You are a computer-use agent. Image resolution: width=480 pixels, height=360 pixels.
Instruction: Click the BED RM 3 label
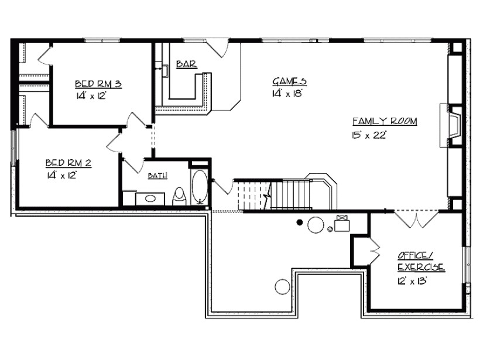(x=98, y=84)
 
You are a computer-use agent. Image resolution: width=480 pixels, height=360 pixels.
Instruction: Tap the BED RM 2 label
(x=68, y=163)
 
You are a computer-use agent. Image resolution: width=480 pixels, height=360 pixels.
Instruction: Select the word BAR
(x=186, y=64)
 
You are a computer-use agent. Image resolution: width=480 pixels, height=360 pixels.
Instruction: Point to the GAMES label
(x=289, y=81)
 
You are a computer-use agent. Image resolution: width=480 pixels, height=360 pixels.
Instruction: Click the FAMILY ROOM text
(x=384, y=121)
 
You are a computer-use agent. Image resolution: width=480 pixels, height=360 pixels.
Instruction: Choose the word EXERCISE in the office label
(x=421, y=268)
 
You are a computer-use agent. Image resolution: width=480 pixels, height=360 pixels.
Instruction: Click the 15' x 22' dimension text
(x=366, y=135)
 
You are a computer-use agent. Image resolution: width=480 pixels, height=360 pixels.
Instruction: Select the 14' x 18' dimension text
(x=287, y=94)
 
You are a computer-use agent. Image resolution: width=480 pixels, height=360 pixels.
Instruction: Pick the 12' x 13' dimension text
(x=411, y=281)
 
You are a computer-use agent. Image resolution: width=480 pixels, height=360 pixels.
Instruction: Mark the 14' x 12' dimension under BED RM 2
(x=61, y=174)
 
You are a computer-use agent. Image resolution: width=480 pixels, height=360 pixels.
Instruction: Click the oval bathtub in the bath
(x=199, y=187)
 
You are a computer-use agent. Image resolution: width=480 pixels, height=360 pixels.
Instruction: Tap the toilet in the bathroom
(x=180, y=195)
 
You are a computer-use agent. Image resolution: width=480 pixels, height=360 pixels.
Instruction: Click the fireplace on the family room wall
(x=453, y=125)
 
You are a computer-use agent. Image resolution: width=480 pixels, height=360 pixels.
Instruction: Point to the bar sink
(x=166, y=71)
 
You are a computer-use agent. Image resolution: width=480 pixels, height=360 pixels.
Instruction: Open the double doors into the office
(x=415, y=219)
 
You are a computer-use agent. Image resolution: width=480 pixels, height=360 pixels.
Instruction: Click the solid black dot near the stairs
(x=300, y=222)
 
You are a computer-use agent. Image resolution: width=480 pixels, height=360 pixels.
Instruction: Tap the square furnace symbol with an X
(x=342, y=223)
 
